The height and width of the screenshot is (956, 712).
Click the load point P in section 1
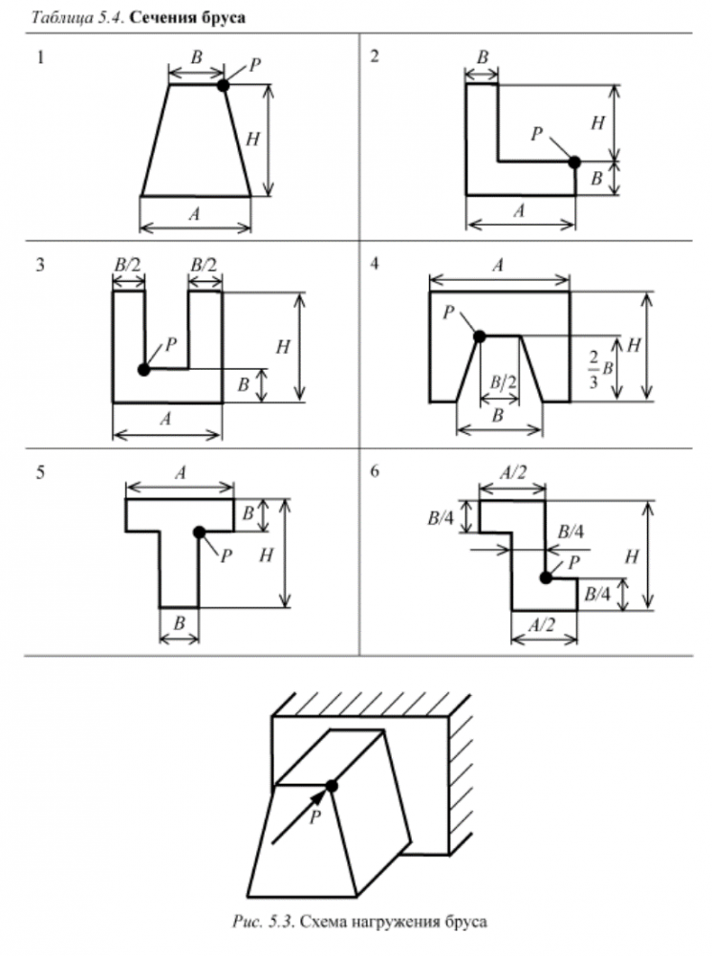pyautogui.click(x=223, y=85)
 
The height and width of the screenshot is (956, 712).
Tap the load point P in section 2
pyautogui.click(x=574, y=162)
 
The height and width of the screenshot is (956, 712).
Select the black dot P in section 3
pyautogui.click(x=143, y=369)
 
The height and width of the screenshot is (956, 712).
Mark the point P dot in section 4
pyautogui.click(x=480, y=336)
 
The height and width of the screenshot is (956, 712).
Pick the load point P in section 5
pyautogui.click(x=199, y=532)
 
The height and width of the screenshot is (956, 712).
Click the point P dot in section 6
pyautogui.click(x=546, y=576)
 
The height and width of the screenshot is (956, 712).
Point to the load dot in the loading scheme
pyautogui.click(x=331, y=786)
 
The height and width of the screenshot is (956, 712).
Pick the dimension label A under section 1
pyautogui.click(x=195, y=215)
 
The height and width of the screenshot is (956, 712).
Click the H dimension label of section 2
pyautogui.click(x=598, y=121)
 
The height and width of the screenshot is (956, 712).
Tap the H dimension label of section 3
pyautogui.click(x=282, y=347)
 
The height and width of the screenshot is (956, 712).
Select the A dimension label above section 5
pyautogui.click(x=181, y=472)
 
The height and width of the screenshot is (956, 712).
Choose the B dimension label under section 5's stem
pyautogui.click(x=179, y=621)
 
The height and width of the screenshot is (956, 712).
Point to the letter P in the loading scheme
pyautogui.click(x=314, y=818)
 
